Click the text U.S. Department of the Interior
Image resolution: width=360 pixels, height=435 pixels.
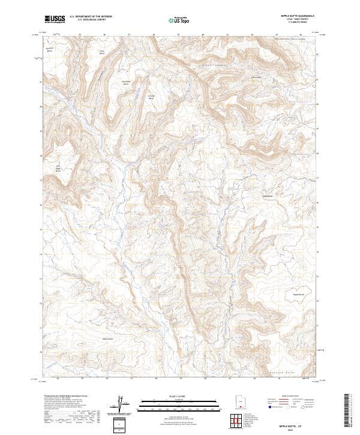91,17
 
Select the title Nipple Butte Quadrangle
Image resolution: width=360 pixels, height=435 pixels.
298,16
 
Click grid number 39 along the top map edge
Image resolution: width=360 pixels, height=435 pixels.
179,34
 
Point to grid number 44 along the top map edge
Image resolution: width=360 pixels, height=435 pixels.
301,34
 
